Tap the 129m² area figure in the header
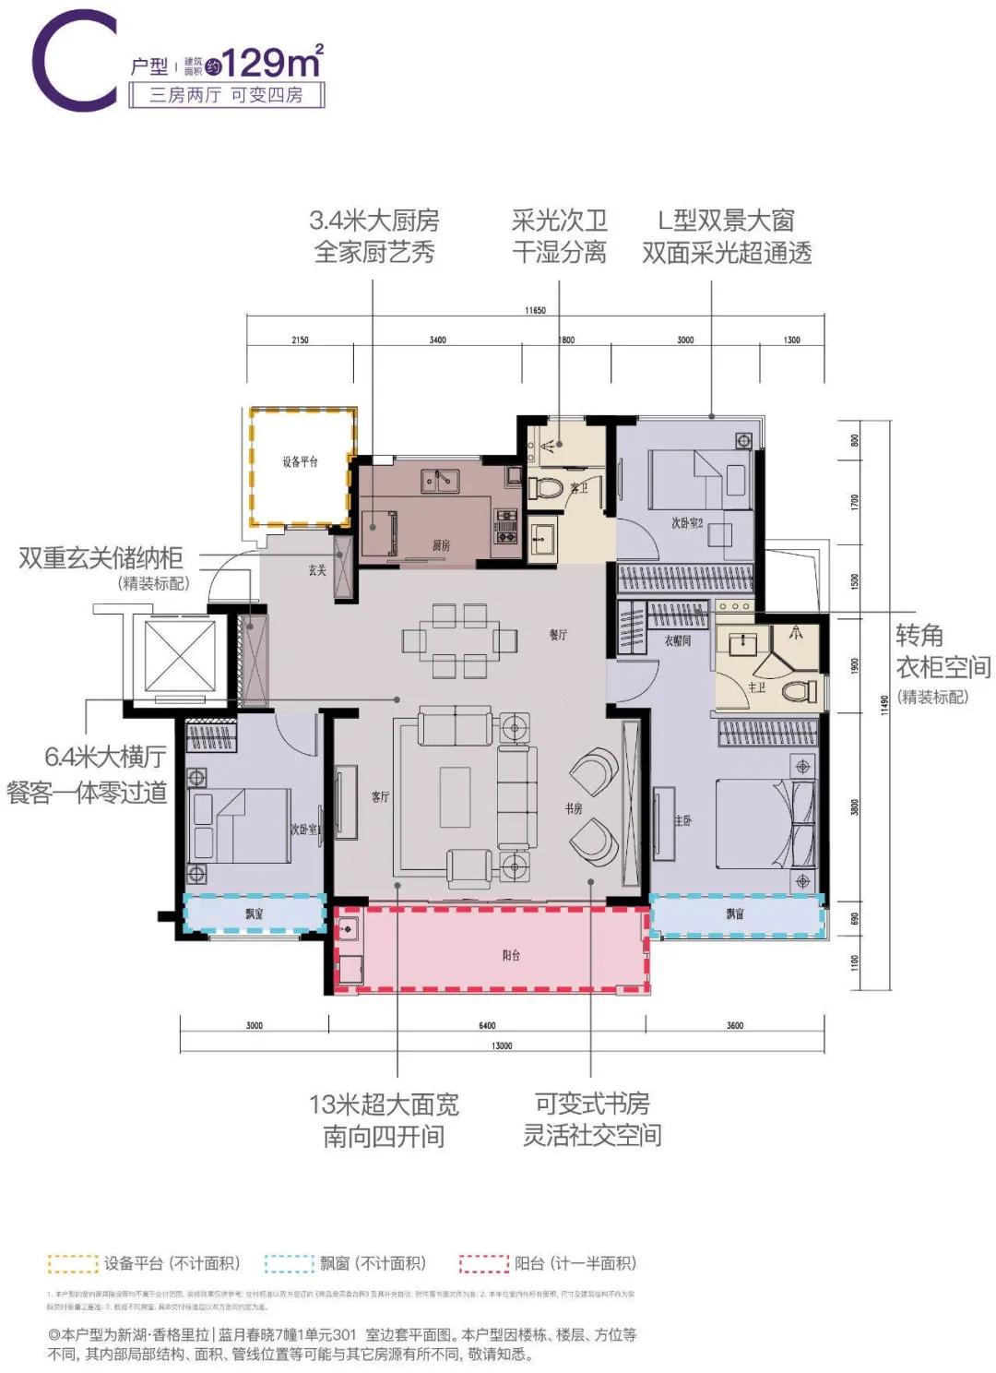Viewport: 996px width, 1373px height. [273, 63]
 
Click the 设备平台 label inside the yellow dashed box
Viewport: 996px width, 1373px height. [300, 461]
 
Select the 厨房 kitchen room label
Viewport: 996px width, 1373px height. [442, 545]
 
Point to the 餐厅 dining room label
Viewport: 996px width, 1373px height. [558, 635]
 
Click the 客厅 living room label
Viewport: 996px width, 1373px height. [380, 796]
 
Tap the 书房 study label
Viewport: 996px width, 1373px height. [574, 808]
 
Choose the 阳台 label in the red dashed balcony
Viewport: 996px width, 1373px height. [511, 955]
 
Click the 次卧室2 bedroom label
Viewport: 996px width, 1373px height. [687, 523]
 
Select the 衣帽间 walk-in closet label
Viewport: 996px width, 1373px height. [678, 640]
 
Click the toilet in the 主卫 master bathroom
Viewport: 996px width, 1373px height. [798, 689]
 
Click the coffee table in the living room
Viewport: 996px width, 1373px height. [455, 795]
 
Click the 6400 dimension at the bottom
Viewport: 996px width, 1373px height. [487, 1025]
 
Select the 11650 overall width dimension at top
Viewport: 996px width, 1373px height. [536, 311]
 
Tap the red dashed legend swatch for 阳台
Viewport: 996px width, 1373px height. [484, 1263]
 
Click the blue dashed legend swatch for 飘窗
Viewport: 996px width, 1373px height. [289, 1263]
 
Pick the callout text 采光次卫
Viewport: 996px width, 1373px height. [560, 221]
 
